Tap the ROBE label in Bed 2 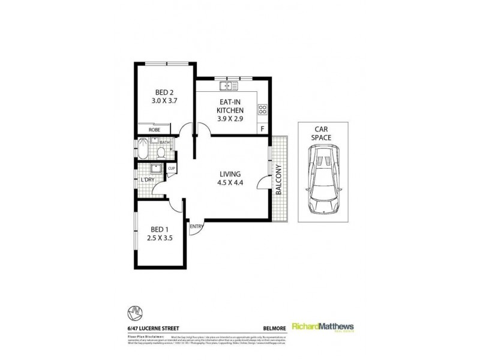[x=154, y=130]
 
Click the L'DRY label [x=148, y=179]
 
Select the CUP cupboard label [x=171, y=169]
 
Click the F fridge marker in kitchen [x=262, y=128]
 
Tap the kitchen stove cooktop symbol [x=262, y=109]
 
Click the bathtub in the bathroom [x=143, y=149]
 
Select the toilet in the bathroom [x=162, y=151]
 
